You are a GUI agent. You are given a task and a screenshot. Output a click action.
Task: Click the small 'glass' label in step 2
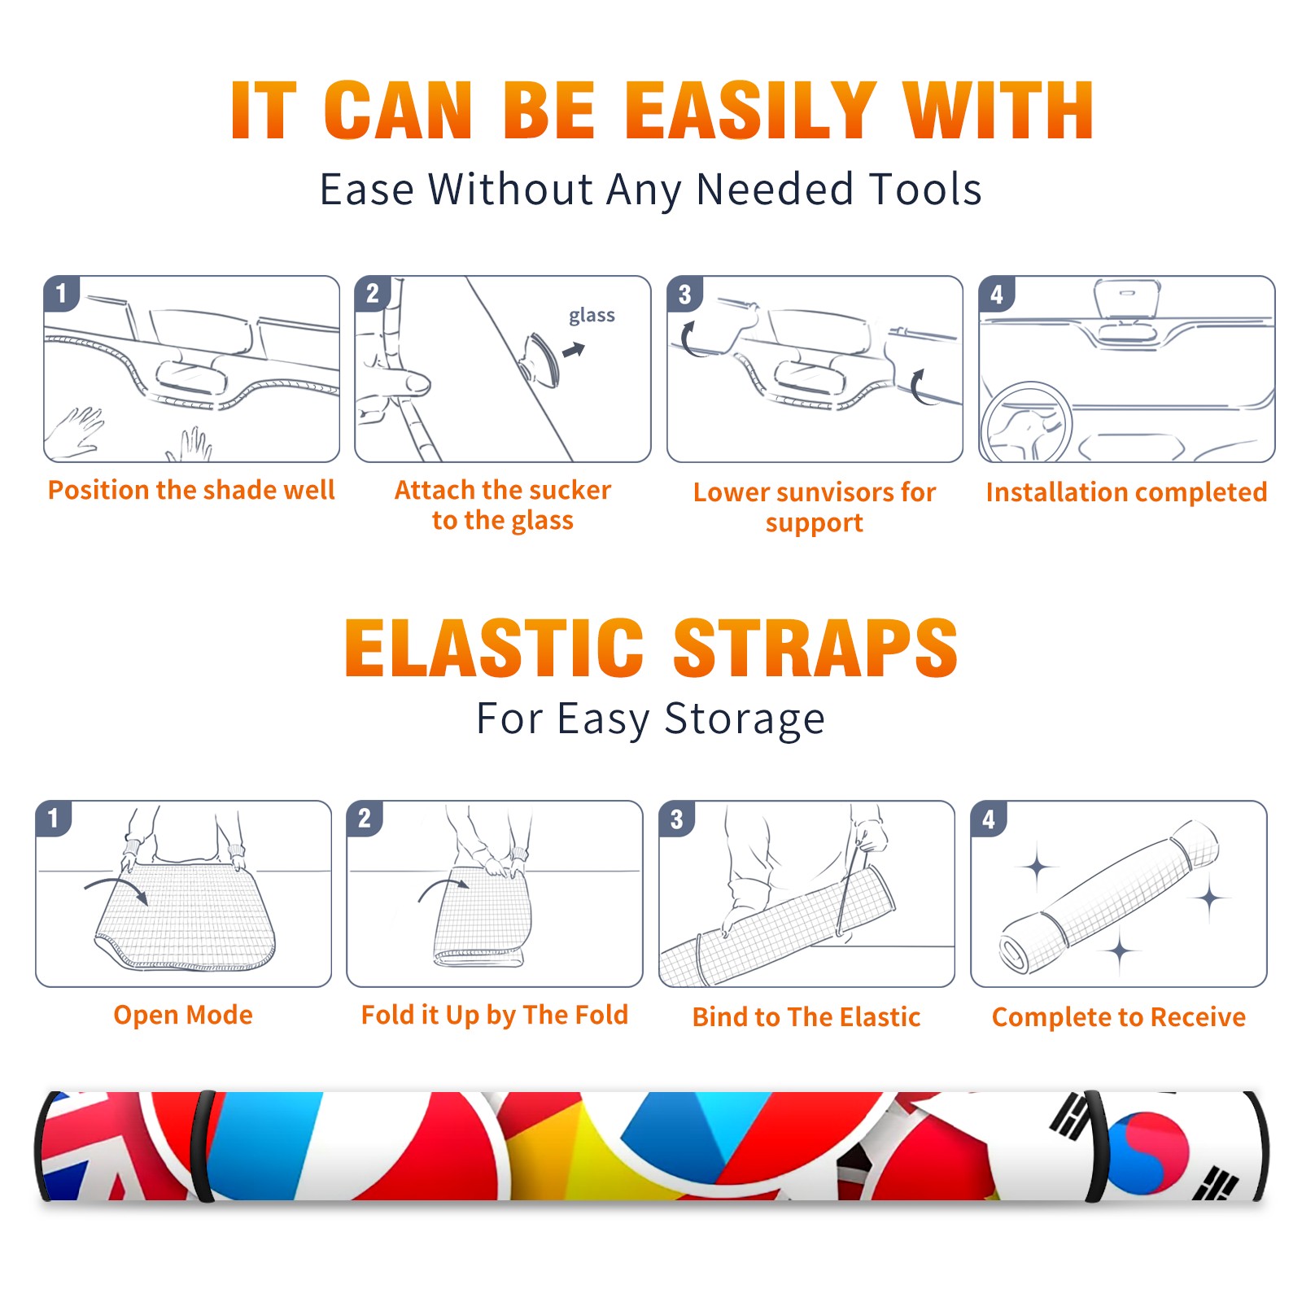click(x=592, y=316)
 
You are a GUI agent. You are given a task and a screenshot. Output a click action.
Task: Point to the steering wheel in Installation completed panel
click(x=1027, y=423)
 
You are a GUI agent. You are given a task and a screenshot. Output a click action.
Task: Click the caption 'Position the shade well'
click(x=191, y=490)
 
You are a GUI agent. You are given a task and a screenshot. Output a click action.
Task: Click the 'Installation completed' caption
click(x=1126, y=492)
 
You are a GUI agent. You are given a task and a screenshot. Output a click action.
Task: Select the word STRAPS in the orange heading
click(x=815, y=648)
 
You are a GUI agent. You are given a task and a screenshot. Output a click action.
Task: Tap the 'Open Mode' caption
click(x=183, y=1015)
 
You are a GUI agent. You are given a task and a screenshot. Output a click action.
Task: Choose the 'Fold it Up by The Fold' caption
click(x=495, y=1016)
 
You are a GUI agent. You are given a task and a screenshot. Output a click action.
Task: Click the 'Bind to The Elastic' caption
click(x=806, y=1017)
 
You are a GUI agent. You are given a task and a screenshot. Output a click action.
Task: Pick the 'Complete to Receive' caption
click(x=1119, y=1017)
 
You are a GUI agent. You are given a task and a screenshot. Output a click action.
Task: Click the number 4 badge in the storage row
click(x=989, y=819)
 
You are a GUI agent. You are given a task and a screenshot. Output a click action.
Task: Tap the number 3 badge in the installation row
click(x=684, y=294)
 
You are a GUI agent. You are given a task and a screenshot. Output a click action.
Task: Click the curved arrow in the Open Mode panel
click(x=116, y=885)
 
